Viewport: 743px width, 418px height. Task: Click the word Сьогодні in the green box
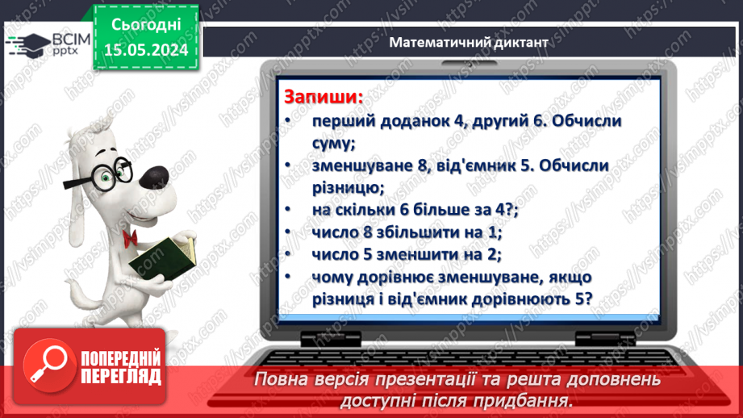tap(146, 25)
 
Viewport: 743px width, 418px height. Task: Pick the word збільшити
tap(415, 232)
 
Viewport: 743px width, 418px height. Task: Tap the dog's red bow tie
tap(130, 237)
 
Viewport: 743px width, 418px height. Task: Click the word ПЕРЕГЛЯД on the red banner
tap(120, 376)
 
